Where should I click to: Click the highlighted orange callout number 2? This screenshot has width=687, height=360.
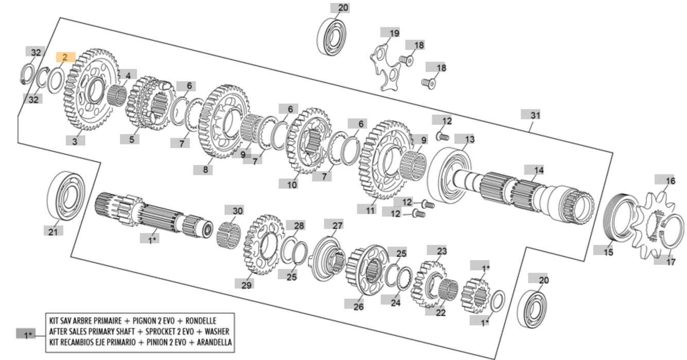click(65, 57)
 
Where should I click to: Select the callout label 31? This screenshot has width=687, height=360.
click(535, 115)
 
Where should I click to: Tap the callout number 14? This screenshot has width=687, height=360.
click(538, 170)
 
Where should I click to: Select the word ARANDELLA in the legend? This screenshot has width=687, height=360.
click(210, 342)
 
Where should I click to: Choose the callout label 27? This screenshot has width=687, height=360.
click(337, 225)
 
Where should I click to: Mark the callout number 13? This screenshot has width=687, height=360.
click(469, 139)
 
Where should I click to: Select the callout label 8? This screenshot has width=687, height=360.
click(207, 169)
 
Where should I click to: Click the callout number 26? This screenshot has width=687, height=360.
click(358, 307)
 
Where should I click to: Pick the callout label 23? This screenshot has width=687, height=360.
click(442, 251)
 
